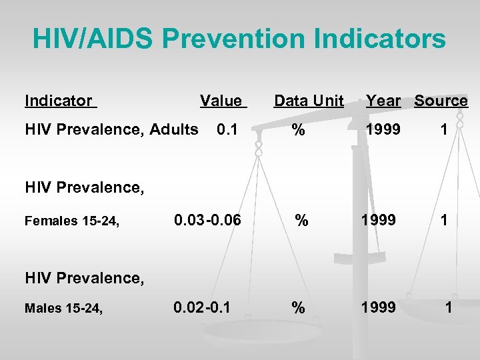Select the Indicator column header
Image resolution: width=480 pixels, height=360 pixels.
59,101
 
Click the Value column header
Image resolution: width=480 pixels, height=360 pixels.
221,101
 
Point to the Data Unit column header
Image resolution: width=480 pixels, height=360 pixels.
309,101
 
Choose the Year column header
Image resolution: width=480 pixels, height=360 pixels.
383,101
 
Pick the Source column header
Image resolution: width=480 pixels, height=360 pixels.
441,101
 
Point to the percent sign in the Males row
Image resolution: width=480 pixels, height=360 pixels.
297,308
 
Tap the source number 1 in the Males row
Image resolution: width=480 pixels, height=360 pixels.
449,308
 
